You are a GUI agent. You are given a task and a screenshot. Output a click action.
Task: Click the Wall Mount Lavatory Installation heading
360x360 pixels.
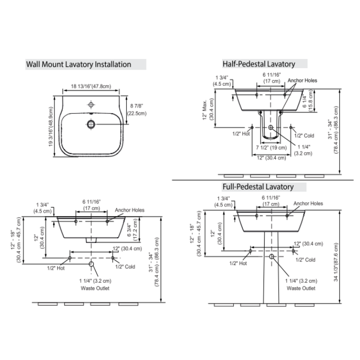(79, 65)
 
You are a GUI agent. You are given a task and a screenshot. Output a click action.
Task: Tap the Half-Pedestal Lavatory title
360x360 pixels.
(259, 64)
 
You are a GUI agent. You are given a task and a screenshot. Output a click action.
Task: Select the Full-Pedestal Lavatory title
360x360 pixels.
(258, 187)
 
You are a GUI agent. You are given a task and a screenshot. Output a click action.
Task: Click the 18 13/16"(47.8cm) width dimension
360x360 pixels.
(91, 87)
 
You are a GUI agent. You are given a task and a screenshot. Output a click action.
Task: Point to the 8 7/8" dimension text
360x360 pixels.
(136, 106)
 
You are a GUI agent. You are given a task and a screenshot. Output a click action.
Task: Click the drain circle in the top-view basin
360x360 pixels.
(91, 124)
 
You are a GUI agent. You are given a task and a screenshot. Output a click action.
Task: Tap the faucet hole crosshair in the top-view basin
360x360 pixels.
(91, 105)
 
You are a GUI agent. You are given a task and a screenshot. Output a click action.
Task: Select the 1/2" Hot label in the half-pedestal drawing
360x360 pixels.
(241, 134)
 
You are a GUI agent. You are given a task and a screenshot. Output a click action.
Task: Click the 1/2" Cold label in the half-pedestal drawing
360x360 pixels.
(304, 135)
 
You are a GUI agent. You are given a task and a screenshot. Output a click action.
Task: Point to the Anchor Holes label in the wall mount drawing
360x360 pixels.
(129, 210)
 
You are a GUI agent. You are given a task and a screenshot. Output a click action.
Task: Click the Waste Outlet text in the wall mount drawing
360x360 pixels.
(95, 288)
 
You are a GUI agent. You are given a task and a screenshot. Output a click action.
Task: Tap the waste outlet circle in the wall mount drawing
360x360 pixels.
(91, 264)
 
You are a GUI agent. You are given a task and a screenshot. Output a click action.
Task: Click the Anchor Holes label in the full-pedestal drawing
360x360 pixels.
(308, 203)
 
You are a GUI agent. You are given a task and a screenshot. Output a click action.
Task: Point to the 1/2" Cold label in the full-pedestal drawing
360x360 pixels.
(305, 260)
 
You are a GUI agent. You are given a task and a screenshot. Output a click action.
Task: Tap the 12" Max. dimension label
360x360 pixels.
(205, 110)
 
